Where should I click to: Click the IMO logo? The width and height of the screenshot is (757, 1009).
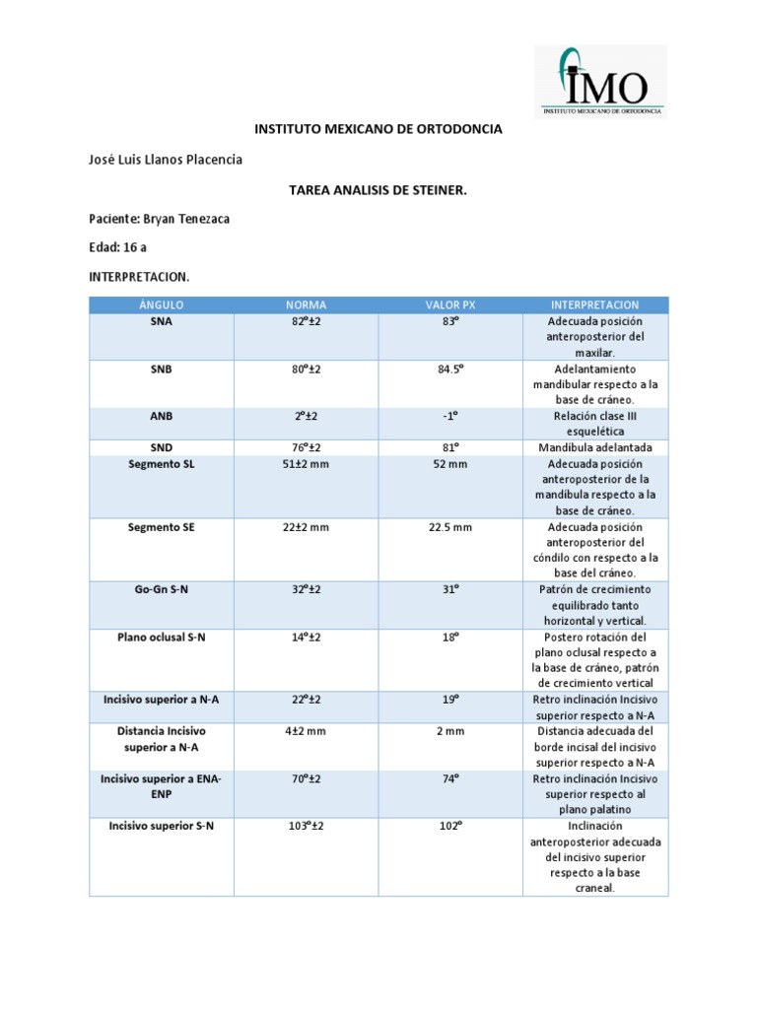click(x=600, y=81)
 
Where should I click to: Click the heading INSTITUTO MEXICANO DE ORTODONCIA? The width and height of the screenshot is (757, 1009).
click(x=378, y=129)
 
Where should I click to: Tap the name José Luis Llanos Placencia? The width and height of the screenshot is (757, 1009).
click(x=166, y=160)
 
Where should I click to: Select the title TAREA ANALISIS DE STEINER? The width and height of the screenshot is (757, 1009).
click(x=378, y=189)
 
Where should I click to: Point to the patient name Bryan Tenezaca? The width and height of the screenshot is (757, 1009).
click(x=159, y=219)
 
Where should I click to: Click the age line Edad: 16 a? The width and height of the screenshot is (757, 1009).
click(x=117, y=246)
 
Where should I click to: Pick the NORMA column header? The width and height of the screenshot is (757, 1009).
click(x=306, y=305)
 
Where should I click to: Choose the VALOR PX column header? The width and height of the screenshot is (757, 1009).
click(x=450, y=305)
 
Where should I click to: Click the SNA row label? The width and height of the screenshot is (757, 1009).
click(x=162, y=321)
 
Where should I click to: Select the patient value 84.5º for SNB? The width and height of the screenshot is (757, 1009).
click(x=450, y=369)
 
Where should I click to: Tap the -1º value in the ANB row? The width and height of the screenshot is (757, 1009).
click(x=450, y=416)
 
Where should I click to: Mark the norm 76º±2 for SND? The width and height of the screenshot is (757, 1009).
click(x=306, y=447)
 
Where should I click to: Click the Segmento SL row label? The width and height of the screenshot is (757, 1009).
click(x=162, y=464)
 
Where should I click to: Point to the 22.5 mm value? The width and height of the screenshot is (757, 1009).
click(x=450, y=527)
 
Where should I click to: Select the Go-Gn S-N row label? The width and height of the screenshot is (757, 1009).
click(x=162, y=589)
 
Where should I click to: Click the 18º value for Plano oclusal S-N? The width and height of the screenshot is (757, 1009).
click(x=450, y=638)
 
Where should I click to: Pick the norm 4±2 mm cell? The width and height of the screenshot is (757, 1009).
click(x=306, y=731)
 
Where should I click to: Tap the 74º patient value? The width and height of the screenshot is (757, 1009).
click(x=450, y=778)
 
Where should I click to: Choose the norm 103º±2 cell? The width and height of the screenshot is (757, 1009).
click(x=306, y=826)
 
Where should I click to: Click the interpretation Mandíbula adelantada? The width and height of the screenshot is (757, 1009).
click(x=595, y=447)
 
